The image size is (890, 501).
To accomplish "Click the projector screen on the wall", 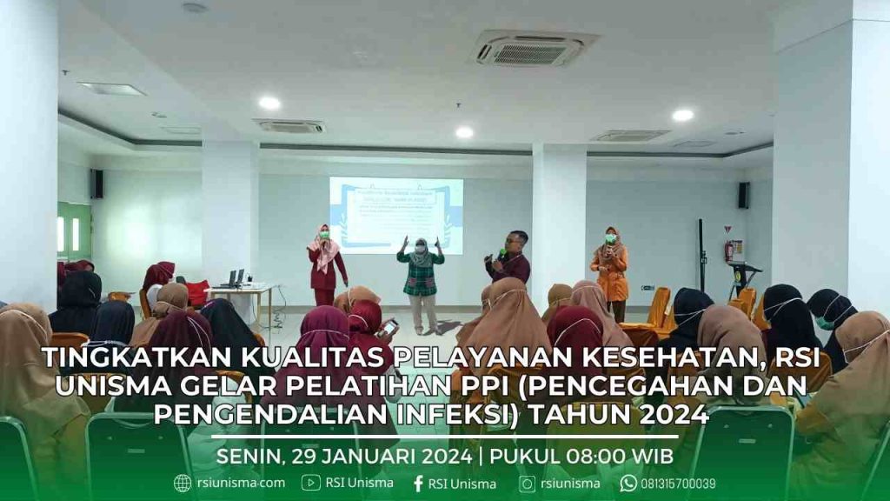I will pos(395,214).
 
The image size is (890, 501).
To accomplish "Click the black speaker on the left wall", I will pos(96,184).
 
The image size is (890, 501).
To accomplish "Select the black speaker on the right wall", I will pos(743,195).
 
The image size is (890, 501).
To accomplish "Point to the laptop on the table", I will pos(234,279).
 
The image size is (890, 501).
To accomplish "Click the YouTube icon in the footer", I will pos(311,483).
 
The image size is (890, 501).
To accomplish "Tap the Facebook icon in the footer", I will pos(418,484).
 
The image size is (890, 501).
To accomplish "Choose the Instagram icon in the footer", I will pos(528,484).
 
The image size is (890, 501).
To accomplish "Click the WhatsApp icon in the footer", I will pos(628,484).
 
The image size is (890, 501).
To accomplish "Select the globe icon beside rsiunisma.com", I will pos(183,484).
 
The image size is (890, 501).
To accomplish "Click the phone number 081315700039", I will pos(678,484).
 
